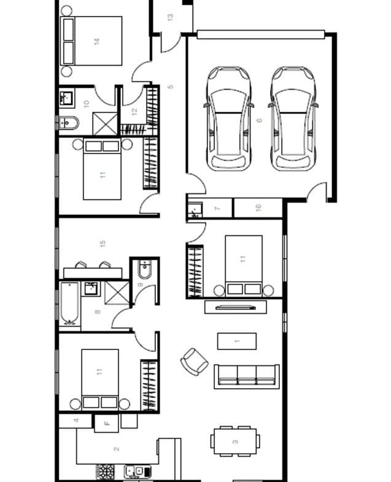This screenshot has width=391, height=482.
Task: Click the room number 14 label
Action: [97, 41]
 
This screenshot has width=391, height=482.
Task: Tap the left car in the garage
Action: [228, 119]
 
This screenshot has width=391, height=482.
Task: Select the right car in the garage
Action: [293, 119]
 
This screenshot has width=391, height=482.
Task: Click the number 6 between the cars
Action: [259, 120]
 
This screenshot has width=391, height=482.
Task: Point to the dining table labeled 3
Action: [235, 441]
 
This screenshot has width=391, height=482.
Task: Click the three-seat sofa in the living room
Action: [247, 376]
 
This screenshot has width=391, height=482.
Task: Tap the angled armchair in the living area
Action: [194, 362]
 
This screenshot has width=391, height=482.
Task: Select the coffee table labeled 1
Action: [237, 341]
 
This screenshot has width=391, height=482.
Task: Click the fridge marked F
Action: [106, 423]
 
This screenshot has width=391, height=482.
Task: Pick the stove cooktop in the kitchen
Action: [106, 471]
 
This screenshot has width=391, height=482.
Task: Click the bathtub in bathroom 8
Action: [69, 303]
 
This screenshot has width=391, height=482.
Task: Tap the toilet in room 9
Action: [144, 270]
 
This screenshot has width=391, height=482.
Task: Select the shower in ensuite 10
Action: [105, 124]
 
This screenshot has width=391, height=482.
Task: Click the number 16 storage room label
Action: [258, 207]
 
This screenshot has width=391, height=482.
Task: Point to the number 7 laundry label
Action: [217, 208]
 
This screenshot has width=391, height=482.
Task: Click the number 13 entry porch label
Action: [170, 17]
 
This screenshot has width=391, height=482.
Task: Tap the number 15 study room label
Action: [103, 244]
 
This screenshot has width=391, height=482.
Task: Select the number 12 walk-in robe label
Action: [134, 112]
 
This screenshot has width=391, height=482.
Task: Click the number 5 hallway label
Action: [170, 87]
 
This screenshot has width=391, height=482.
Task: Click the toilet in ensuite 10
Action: [69, 123]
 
